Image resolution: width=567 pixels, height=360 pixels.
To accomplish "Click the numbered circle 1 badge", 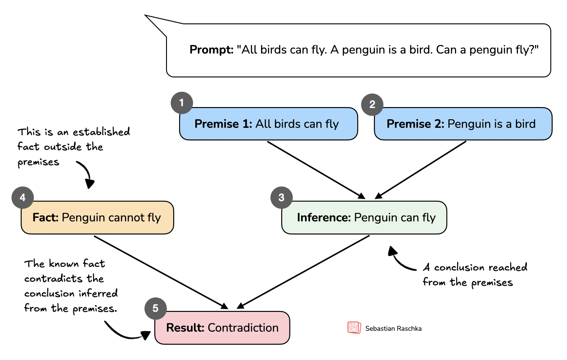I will point(181,103).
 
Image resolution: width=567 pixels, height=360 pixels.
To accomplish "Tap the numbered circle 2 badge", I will point(372,104).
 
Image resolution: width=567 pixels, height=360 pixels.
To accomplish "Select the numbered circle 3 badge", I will point(281,198).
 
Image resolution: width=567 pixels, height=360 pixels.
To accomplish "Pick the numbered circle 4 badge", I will point(22,198).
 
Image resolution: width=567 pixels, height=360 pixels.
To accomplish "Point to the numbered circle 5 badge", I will point(155,308).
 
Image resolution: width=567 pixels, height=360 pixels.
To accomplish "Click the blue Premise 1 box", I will point(268,124).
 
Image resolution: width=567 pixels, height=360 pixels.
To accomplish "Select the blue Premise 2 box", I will point(463,124).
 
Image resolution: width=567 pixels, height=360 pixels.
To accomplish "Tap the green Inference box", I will point(364,218).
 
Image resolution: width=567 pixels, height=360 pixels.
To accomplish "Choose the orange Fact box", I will point(97,218).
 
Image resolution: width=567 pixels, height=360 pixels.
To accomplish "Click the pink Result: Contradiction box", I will point(222,328).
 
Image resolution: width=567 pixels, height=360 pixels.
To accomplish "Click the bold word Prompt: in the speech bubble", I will point(211,50).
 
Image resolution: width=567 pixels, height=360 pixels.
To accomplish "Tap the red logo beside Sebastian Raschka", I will point(354,328).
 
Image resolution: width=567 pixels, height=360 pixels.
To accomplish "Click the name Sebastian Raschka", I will point(393,328).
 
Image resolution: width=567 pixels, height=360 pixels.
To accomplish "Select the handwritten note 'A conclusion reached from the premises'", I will point(475,275).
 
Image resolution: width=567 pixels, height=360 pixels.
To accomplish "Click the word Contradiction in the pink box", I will point(243,328).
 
